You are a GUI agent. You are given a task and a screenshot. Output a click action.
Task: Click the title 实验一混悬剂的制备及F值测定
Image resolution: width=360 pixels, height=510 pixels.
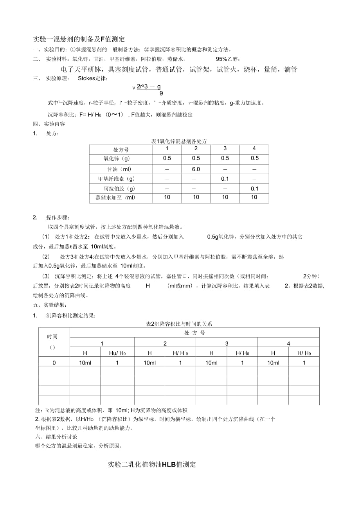(79, 39)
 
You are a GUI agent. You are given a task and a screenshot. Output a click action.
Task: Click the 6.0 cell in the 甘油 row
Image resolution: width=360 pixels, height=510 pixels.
(196, 169)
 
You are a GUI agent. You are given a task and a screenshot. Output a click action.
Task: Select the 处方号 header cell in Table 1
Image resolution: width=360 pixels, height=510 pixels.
(121, 149)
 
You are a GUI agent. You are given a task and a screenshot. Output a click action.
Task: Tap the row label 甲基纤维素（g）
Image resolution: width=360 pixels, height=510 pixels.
(116, 179)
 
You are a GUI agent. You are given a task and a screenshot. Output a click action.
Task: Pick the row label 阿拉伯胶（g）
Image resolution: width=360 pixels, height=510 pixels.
(119, 189)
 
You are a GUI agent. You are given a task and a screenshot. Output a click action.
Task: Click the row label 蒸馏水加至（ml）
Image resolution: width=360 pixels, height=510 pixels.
(115, 198)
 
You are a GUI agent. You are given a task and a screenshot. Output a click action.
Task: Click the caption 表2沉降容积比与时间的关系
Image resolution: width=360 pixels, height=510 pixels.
(179, 324)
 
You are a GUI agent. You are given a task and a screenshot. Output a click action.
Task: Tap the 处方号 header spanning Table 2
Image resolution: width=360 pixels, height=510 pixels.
(194, 333)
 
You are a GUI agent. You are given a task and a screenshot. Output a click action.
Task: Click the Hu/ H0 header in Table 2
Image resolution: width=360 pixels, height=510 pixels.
(117, 353)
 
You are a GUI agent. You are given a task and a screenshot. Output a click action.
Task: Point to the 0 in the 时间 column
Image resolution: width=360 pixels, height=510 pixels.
(54, 363)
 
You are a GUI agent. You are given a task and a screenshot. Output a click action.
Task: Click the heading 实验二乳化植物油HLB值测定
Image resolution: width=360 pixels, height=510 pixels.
(152, 465)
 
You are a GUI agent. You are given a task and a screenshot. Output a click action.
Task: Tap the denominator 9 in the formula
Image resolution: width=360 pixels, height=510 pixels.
(161, 93)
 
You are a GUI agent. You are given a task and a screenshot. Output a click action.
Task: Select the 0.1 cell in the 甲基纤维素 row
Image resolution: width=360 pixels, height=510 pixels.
(225, 179)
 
